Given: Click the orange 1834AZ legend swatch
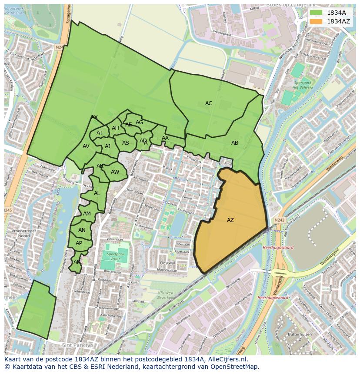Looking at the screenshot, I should (x=316, y=21).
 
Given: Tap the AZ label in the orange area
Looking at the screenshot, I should (x=230, y=220).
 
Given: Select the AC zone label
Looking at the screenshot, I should (x=209, y=103).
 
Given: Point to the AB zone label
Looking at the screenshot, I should (x=235, y=143).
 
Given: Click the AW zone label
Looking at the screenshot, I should (x=115, y=172).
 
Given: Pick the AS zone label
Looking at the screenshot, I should (x=126, y=143).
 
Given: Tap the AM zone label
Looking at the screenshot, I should (x=87, y=214).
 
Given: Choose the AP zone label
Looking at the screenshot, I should (x=79, y=243).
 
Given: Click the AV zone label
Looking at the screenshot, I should (x=86, y=146).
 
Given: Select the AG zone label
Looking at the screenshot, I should (x=139, y=122).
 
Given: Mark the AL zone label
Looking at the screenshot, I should (x=97, y=193).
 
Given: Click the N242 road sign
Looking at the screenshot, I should (x=280, y=221).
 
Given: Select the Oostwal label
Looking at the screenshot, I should (x=167, y=263).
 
